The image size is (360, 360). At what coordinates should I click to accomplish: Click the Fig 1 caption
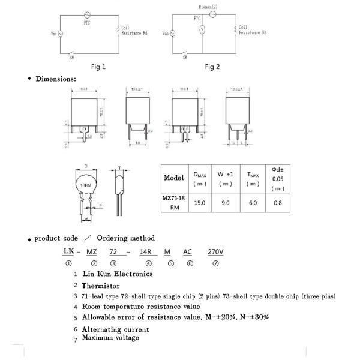[98, 67]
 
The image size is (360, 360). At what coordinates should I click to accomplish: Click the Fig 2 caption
[212, 67]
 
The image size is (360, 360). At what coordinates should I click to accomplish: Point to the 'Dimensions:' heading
[55, 79]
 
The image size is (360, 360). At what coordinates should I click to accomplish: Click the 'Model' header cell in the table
[173, 178]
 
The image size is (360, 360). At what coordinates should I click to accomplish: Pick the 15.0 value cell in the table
[200, 203]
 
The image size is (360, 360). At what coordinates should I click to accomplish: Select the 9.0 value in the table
[226, 203]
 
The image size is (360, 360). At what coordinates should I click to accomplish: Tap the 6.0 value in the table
[253, 203]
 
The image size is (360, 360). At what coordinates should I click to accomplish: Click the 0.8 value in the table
[278, 203]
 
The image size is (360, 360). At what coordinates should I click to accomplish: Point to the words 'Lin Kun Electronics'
[118, 274]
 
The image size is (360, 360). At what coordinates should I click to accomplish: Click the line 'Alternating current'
[115, 329]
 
